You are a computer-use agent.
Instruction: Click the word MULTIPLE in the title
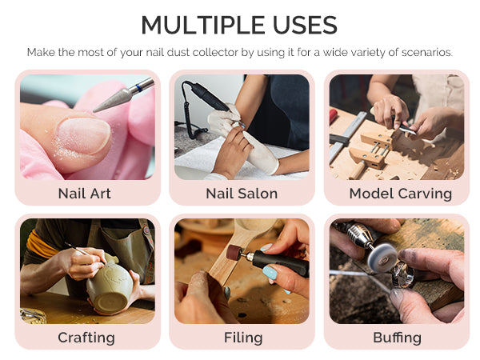[x=202, y=25]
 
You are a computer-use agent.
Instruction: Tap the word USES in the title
[x=305, y=25]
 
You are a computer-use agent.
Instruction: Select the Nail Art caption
[x=85, y=194]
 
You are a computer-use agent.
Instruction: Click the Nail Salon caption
[x=242, y=194]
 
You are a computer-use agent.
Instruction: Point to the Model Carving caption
[x=401, y=194]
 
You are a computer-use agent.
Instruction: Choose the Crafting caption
[x=86, y=338]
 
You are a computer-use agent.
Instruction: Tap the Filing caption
[x=243, y=338]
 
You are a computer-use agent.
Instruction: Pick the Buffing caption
[x=397, y=338]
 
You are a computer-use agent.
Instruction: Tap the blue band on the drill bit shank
[x=138, y=87]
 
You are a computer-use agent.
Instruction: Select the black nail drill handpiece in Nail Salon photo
[x=208, y=96]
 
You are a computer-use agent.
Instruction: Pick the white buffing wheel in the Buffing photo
[x=382, y=258]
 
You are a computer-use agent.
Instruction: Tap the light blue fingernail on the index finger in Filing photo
[x=270, y=272]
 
